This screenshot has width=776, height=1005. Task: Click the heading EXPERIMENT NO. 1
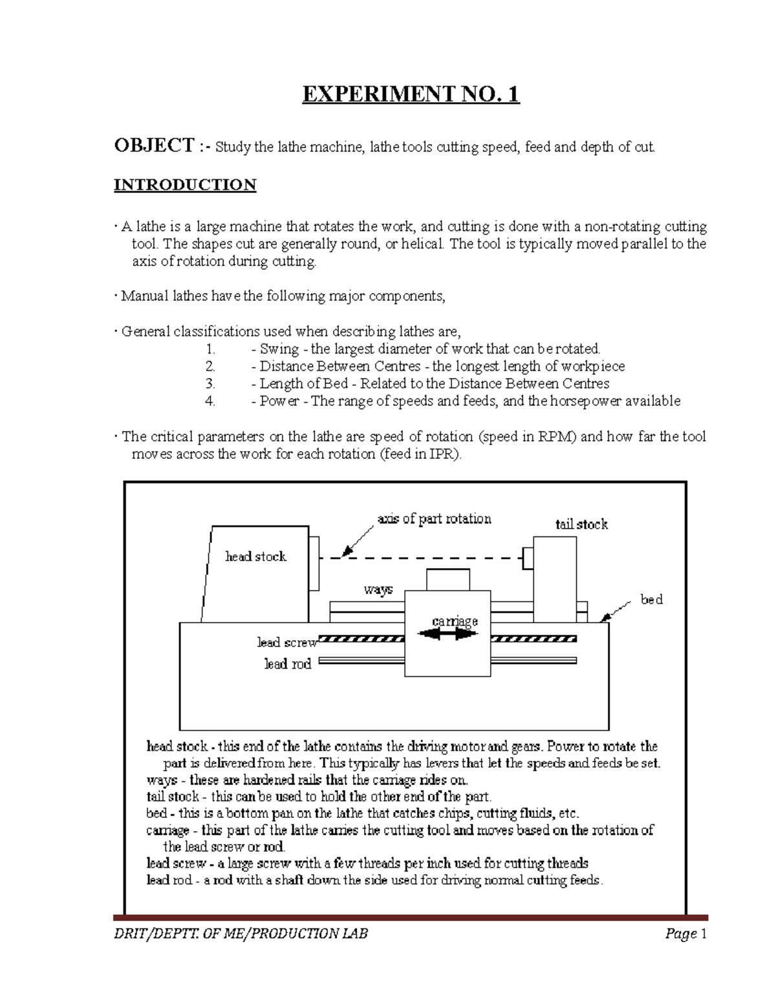tap(411, 94)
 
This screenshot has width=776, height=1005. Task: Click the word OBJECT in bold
tap(154, 145)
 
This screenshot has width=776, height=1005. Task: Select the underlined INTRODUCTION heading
tap(185, 185)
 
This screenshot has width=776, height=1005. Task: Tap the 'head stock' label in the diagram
tap(255, 557)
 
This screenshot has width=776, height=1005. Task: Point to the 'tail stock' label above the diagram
tap(581, 524)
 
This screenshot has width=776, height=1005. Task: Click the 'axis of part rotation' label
tap(434, 518)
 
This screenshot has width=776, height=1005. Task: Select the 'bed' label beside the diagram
tap(651, 599)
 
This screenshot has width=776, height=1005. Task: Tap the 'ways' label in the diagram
tap(378, 590)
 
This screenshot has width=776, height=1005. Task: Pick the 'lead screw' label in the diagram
tap(287, 642)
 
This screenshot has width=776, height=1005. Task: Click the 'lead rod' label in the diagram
tap(288, 663)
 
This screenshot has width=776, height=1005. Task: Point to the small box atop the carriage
tap(447, 580)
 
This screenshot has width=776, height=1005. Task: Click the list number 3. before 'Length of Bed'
tap(210, 384)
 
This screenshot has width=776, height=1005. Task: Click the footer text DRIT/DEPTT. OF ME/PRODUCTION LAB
tap(241, 933)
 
